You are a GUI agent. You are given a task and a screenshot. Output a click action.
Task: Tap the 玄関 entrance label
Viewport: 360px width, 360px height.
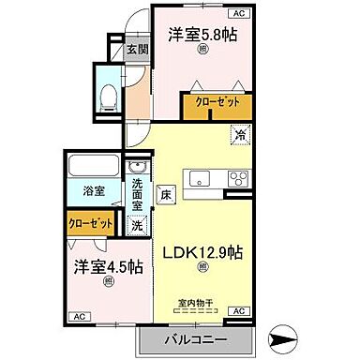137,50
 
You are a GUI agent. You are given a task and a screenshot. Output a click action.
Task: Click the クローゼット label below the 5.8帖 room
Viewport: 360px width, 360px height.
217,103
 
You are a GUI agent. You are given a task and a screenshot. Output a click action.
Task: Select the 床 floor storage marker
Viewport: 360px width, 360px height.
163,196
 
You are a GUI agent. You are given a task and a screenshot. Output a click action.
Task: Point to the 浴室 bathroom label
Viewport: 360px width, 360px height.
93,190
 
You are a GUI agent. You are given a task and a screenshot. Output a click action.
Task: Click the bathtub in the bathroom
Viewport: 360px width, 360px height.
95,169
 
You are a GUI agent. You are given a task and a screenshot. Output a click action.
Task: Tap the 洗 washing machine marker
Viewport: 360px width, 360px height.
137,225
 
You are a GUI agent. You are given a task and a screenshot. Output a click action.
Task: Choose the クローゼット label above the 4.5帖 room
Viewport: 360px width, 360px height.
90,223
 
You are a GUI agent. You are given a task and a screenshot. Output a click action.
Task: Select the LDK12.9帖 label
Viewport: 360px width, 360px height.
204,253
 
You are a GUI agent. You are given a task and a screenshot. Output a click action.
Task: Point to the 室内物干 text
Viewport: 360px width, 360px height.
197,302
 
